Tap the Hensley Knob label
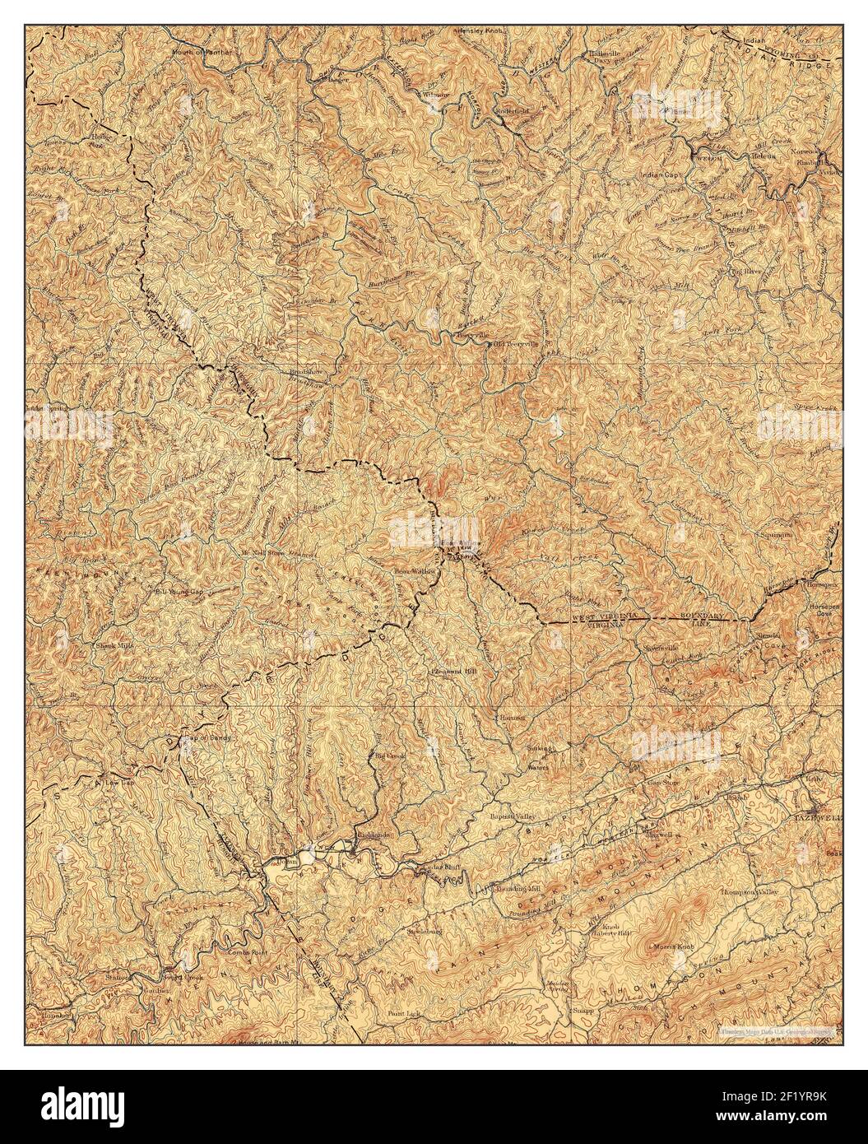tap(485, 30)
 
